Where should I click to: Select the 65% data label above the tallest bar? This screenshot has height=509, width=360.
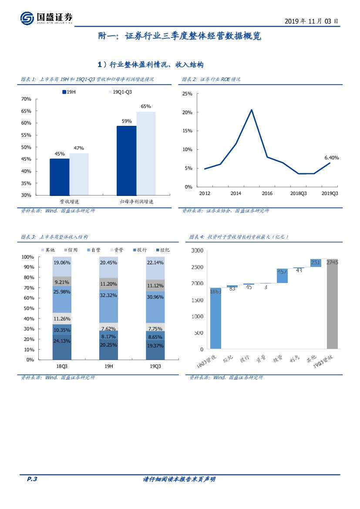click(x=146, y=106)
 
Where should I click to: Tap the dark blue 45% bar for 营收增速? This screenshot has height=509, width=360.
click(x=59, y=177)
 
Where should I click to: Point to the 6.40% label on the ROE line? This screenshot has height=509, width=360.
click(x=332, y=158)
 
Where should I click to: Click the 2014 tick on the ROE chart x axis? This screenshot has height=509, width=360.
click(x=236, y=193)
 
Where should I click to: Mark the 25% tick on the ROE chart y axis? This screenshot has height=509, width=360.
click(x=187, y=94)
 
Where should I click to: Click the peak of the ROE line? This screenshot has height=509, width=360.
click(x=251, y=110)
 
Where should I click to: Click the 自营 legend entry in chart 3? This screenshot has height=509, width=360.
click(x=93, y=250)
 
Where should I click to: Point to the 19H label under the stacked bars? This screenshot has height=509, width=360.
click(x=108, y=366)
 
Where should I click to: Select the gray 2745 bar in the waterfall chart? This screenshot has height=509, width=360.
click(x=332, y=305)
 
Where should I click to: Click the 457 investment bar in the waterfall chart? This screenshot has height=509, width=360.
click(x=282, y=276)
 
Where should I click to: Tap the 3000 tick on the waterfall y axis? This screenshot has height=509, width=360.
click(x=197, y=250)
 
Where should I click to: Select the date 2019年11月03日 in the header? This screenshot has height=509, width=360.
click(x=311, y=21)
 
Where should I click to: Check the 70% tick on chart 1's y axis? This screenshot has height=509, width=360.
click(x=26, y=99)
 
